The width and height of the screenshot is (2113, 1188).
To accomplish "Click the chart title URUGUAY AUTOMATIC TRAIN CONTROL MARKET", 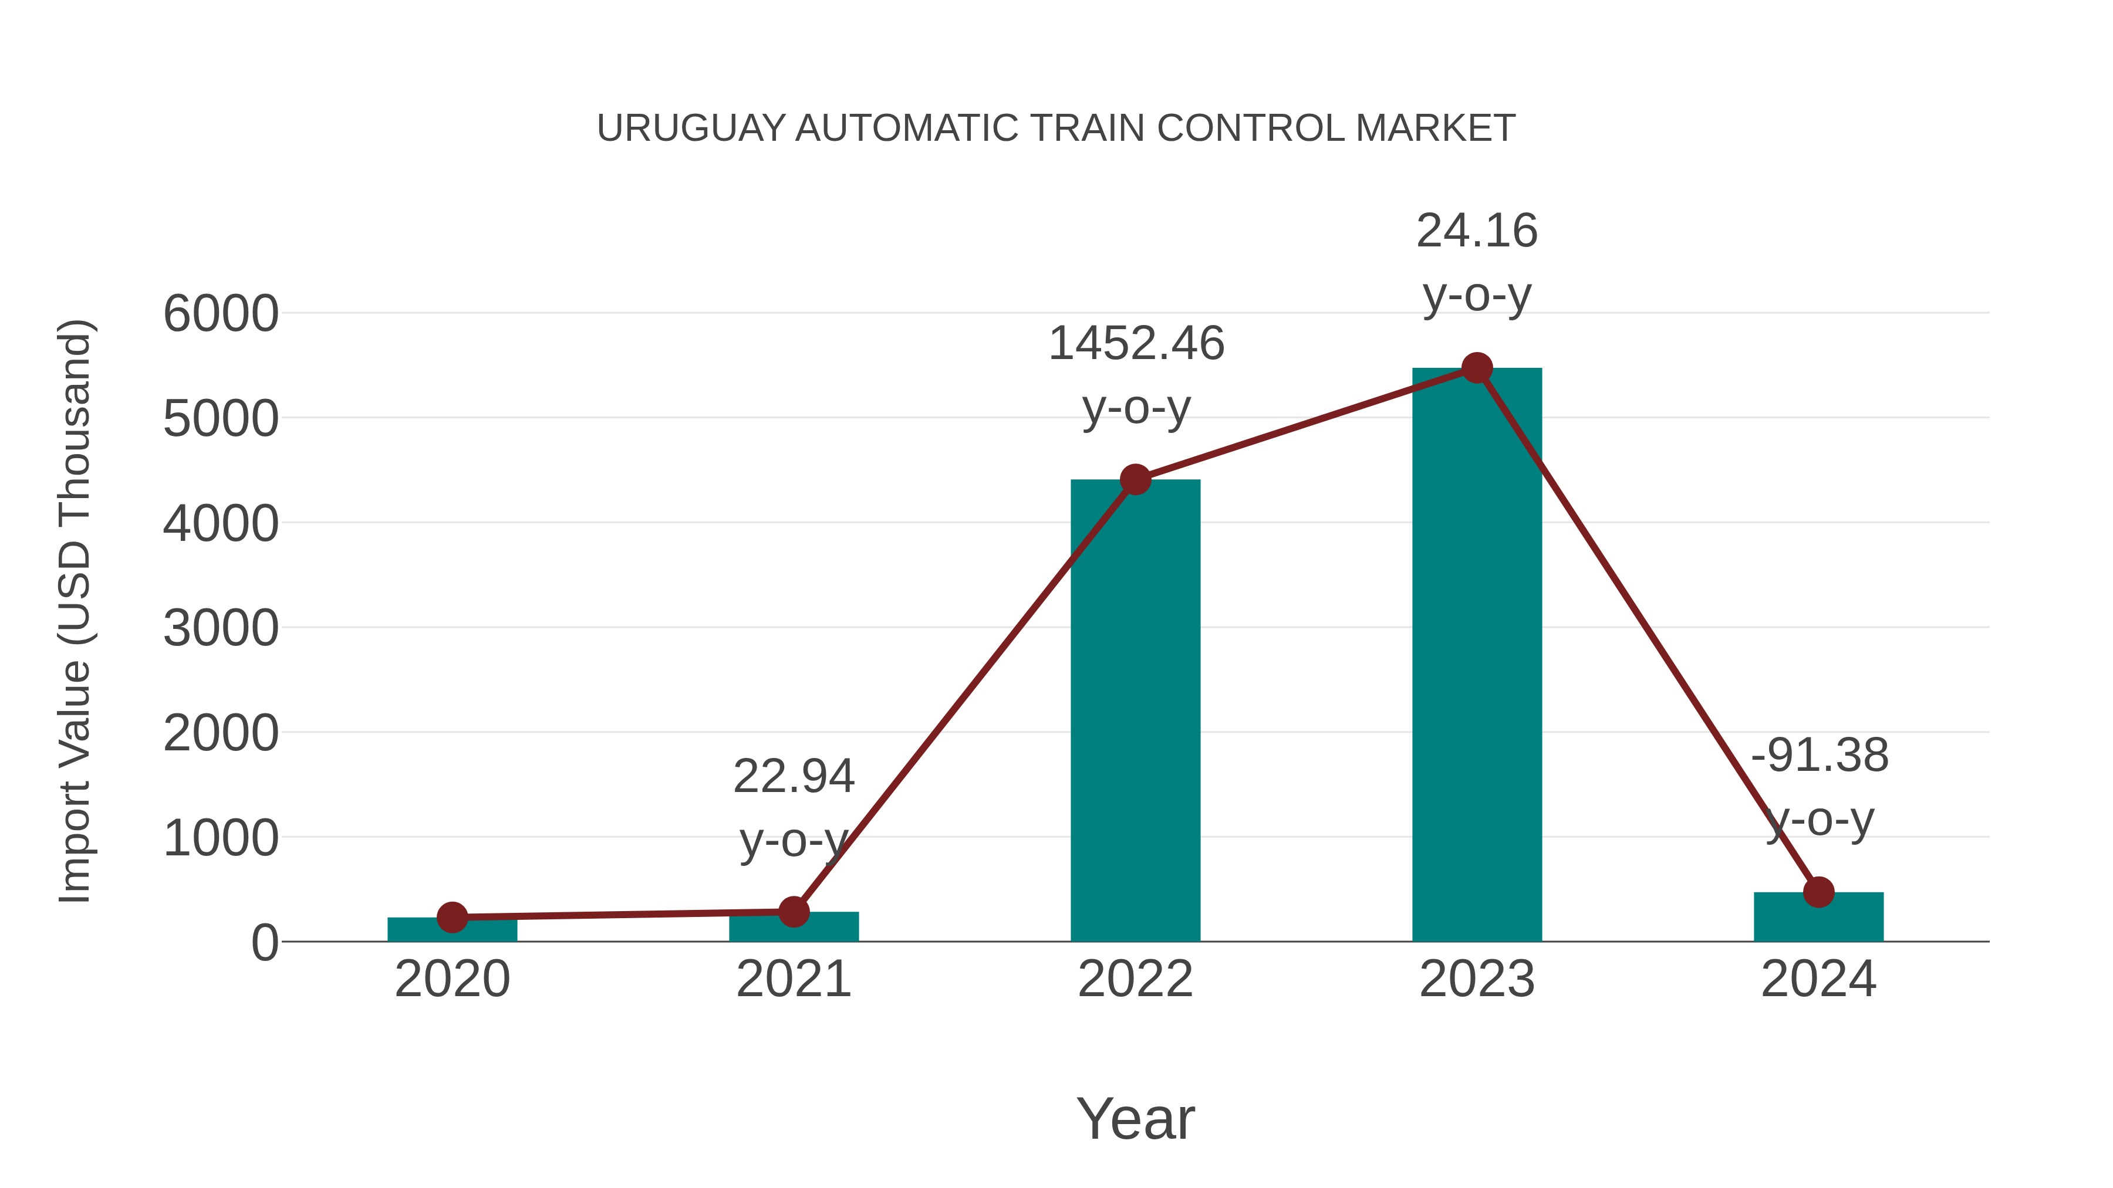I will coord(1056,128).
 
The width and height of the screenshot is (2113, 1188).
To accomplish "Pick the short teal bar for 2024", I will coord(1818,918).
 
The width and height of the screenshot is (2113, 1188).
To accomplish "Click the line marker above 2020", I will coord(452,918).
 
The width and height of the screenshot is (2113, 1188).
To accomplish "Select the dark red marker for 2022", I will coord(1135,480).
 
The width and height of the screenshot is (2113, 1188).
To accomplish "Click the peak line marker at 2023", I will coord(1477,368).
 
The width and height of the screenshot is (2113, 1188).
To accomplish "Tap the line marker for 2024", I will coord(1818,892).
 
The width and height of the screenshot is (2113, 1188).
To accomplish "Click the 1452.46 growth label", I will coord(1136,344).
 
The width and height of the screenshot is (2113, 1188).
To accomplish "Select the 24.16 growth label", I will coord(1477,231).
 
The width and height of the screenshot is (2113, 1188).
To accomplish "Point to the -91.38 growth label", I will coord(1820,756).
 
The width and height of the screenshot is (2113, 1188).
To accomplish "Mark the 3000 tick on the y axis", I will coord(221,629).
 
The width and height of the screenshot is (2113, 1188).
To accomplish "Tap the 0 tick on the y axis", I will coord(264,943).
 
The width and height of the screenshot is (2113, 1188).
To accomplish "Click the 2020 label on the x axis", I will coord(452,980).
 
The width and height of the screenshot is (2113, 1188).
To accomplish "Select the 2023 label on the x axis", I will coord(1477,980).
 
